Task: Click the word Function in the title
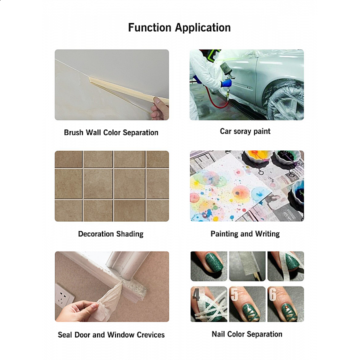click(x=149, y=27)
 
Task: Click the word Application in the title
click(x=203, y=28)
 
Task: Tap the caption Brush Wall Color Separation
click(x=111, y=132)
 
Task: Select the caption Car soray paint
click(x=245, y=131)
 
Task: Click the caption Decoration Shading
click(x=110, y=234)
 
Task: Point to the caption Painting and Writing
click(x=245, y=233)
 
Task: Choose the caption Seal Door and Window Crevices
click(x=111, y=334)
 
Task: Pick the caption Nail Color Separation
click(x=247, y=334)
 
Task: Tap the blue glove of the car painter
click(x=226, y=83)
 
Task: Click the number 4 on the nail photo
click(x=196, y=294)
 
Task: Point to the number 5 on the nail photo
click(x=234, y=294)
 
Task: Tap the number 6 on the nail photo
click(x=272, y=294)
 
